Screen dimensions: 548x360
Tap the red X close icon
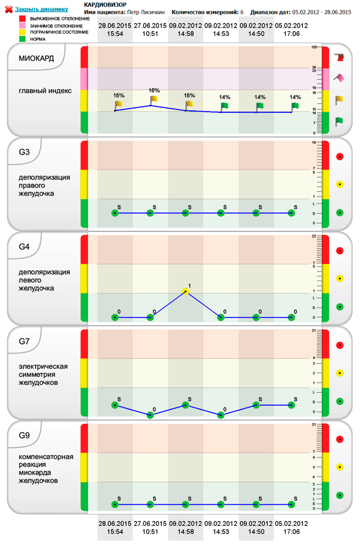click(8, 10)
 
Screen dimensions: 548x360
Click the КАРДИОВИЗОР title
click(105, 4)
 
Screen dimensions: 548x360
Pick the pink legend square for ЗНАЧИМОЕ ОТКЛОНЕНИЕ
click(23, 26)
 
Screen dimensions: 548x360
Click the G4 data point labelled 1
click(185, 291)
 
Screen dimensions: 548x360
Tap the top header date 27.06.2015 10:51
click(150, 30)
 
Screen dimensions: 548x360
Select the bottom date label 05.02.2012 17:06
click(292, 528)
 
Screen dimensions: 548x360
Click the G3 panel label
click(25, 151)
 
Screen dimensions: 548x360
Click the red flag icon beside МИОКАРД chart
click(340, 58)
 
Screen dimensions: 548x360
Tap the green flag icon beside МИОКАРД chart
click(340, 122)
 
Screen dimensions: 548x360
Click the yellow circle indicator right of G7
click(340, 372)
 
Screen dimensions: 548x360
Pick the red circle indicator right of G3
click(340, 156)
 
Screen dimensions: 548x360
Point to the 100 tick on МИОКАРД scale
click(314, 47)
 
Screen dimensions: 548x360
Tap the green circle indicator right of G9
click(340, 495)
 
